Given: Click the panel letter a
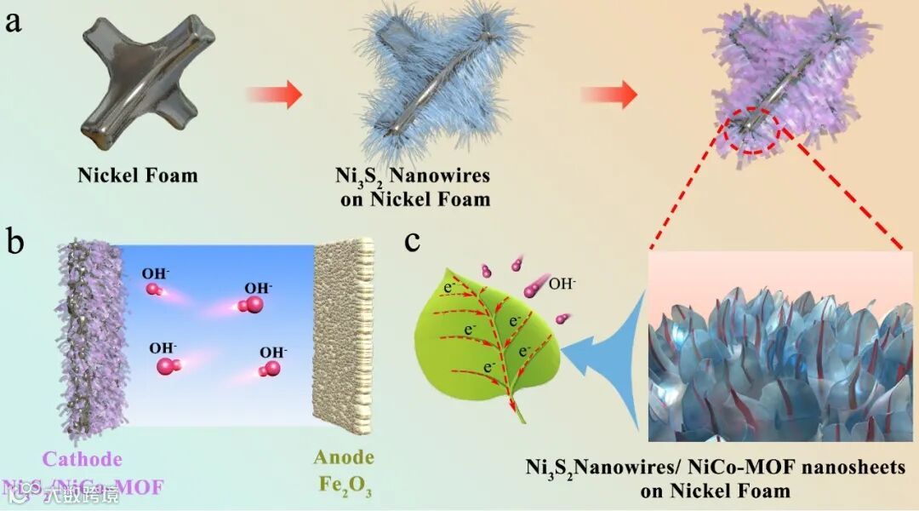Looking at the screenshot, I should [14, 20].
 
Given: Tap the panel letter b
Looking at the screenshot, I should [15, 241].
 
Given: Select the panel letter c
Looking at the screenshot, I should [413, 240].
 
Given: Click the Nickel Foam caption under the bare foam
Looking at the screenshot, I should [138, 176].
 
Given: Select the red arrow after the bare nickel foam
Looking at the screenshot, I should [273, 94].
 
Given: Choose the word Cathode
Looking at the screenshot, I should [88, 460].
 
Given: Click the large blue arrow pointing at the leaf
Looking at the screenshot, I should [604, 358].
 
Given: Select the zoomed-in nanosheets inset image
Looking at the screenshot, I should [781, 349].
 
